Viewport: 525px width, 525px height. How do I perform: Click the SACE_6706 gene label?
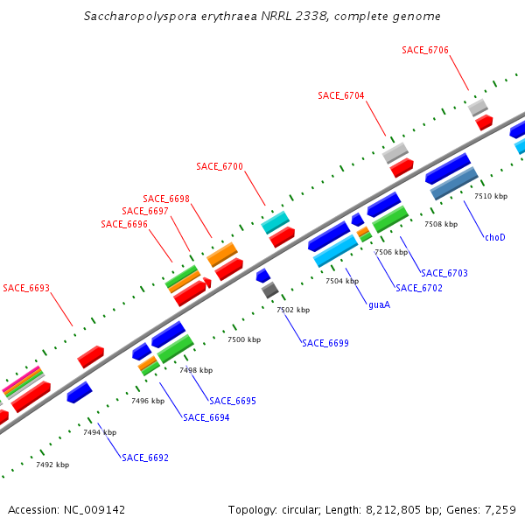(425, 50)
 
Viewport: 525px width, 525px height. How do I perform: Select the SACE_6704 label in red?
(341, 95)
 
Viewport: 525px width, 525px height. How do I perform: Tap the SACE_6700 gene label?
(220, 166)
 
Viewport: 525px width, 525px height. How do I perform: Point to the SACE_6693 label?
(26, 288)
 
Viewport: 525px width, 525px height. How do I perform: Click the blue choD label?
(495, 237)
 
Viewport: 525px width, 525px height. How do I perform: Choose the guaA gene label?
(379, 304)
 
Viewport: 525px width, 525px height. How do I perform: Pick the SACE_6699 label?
(325, 343)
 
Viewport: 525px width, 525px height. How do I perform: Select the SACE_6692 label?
(145, 458)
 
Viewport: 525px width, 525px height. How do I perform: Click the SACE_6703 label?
(444, 273)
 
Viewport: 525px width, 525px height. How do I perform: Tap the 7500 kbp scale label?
(244, 339)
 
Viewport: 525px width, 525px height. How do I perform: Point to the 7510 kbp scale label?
(491, 196)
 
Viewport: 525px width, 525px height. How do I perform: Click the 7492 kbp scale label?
(52, 465)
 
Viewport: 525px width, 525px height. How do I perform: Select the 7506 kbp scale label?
(391, 252)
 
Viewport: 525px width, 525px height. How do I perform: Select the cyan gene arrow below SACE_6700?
(275, 222)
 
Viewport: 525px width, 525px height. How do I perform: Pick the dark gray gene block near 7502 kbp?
(270, 290)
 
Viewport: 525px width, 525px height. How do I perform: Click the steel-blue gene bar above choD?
(454, 183)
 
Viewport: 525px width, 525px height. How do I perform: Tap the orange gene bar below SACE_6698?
(222, 255)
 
